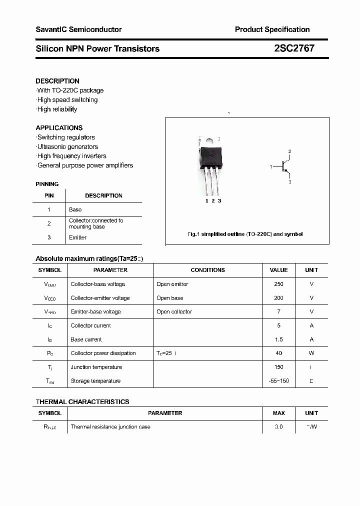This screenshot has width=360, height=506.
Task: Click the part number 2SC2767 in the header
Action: [x=294, y=48]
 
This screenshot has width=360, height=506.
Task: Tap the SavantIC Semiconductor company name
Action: [x=78, y=29]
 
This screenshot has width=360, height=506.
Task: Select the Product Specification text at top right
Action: [x=272, y=29]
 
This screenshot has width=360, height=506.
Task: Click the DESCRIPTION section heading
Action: [x=57, y=81]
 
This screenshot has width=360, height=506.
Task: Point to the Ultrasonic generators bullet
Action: [x=67, y=146]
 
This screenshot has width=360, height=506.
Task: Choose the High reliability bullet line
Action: [x=57, y=109]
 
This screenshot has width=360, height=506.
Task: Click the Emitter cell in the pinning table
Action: [x=77, y=237]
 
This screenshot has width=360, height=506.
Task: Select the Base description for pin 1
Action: [x=75, y=209]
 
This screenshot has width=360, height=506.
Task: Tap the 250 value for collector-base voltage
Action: [x=278, y=284]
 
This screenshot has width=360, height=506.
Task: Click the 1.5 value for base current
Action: [x=278, y=339]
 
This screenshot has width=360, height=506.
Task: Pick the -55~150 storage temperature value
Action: [x=278, y=381]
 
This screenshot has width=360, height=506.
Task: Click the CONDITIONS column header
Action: [x=207, y=270]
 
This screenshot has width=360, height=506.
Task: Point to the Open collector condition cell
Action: [x=174, y=311]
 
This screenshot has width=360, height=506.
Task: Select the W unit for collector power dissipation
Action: [x=311, y=353]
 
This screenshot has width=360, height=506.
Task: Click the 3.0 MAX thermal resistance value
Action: [x=278, y=427]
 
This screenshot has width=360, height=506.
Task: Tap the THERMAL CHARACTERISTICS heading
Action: [x=82, y=401]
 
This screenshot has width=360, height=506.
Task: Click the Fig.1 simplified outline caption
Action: [x=245, y=234]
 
